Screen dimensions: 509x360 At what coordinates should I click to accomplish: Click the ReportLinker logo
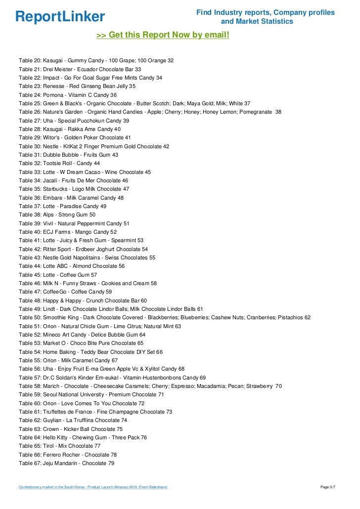click(60, 17)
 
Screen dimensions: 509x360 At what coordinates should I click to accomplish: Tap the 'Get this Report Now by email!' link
click(163, 36)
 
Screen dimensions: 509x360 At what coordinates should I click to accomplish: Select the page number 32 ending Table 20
click(171, 60)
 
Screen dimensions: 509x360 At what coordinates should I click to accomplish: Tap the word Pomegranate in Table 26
click(257, 112)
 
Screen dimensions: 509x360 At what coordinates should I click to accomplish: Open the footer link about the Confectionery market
click(93, 487)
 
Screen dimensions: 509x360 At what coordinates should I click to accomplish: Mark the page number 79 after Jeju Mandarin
click(111, 463)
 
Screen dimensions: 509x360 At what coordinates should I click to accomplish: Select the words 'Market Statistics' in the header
click(257, 22)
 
